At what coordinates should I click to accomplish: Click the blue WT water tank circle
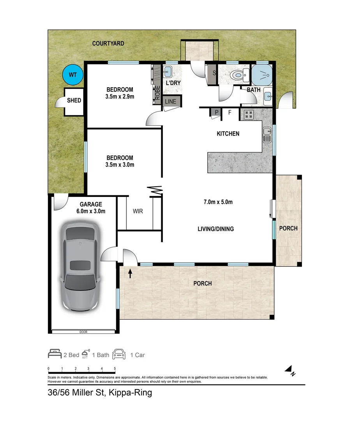point(73,75)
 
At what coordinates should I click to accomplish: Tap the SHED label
point(74,101)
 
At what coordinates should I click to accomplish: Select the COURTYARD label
point(108,44)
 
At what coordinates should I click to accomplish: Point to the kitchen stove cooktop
point(249,115)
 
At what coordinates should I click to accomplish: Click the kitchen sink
point(267,135)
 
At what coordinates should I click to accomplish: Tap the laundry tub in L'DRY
point(168,72)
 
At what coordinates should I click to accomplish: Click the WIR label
point(138,211)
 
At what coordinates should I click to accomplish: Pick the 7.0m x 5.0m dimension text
point(218,202)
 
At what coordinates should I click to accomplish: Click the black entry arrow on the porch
point(130,273)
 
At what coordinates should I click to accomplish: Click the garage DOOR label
point(83,332)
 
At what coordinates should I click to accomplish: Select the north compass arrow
point(289,369)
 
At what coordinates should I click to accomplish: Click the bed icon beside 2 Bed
point(55,354)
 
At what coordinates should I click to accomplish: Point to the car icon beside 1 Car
point(119,354)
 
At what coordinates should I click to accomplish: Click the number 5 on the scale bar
point(115,369)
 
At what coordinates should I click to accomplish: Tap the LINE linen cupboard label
point(171,102)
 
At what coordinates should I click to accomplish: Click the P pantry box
point(217,112)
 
